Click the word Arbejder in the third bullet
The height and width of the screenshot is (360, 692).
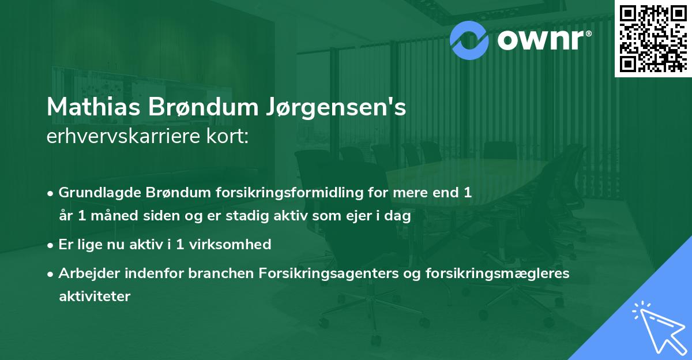pos(86,273)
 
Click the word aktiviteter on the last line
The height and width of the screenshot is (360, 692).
pos(95,297)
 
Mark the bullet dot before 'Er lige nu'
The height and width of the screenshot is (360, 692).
pos(51,245)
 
